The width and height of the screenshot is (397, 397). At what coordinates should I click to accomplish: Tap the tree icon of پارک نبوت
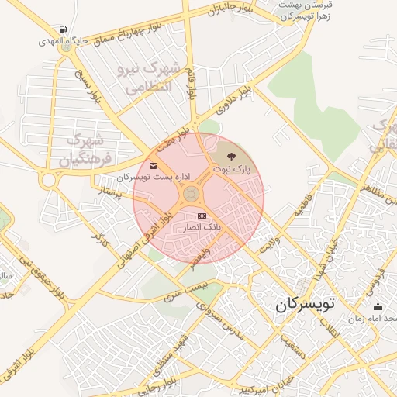pos(233,157)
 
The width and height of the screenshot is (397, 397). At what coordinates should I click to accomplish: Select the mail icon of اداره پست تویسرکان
pos(152,165)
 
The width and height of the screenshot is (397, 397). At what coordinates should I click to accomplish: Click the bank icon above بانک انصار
pos(202,216)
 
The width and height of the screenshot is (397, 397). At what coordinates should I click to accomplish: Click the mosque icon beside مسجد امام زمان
pos(378,307)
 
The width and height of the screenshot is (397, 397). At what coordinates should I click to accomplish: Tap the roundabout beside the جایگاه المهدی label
pos(67,47)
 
